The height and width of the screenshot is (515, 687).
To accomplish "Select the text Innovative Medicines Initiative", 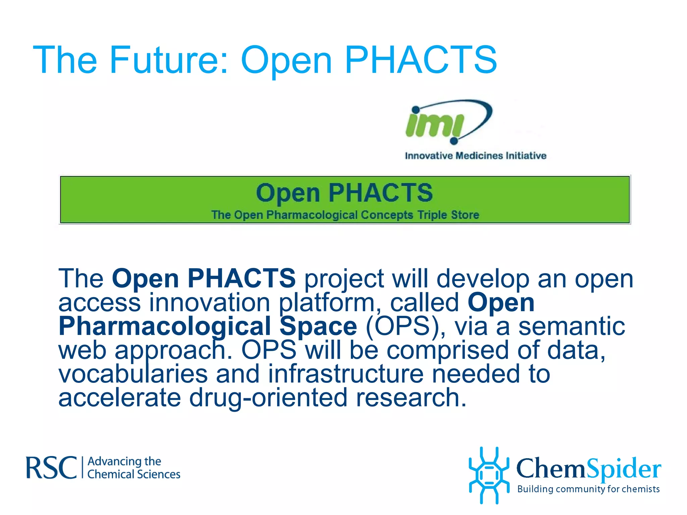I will tap(475, 156).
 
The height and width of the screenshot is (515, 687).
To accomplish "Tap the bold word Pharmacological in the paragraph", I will tap(164, 326).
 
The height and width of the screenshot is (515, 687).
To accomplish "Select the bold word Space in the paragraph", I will tap(318, 326).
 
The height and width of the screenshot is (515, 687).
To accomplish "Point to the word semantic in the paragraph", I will tap(572, 326).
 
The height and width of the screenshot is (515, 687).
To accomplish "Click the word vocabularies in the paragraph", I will tap(133, 374).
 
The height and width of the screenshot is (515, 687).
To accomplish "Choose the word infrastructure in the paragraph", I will tap(346, 374).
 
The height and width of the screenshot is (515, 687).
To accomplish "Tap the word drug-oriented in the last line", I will tap(268, 398).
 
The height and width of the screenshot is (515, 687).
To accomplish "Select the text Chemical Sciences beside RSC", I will tap(134, 474).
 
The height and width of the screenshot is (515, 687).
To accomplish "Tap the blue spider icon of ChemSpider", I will tap(489, 475).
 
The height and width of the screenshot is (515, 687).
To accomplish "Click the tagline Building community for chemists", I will tap(588, 489).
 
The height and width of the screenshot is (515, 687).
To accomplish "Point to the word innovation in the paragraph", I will tap(209, 302).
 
